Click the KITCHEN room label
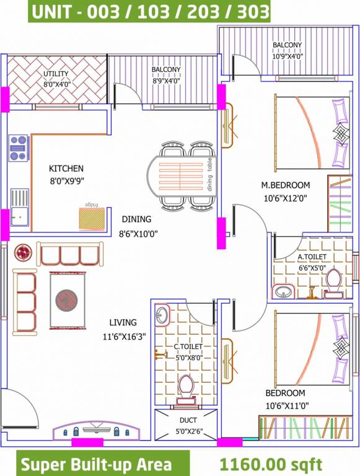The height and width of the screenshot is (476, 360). (x=66, y=169)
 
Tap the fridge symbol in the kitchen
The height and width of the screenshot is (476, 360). (x=92, y=218)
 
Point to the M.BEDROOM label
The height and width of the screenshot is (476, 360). (x=285, y=185)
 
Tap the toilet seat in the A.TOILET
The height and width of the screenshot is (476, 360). (x=333, y=280)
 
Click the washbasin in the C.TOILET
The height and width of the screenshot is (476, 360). (x=162, y=314)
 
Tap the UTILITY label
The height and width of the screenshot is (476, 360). (x=56, y=74)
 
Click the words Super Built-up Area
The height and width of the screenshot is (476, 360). (x=95, y=464)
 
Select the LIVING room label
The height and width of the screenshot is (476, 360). (x=123, y=322)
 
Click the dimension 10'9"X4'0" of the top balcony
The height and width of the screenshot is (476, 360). (x=288, y=56)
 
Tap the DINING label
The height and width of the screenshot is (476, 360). (x=136, y=219)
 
